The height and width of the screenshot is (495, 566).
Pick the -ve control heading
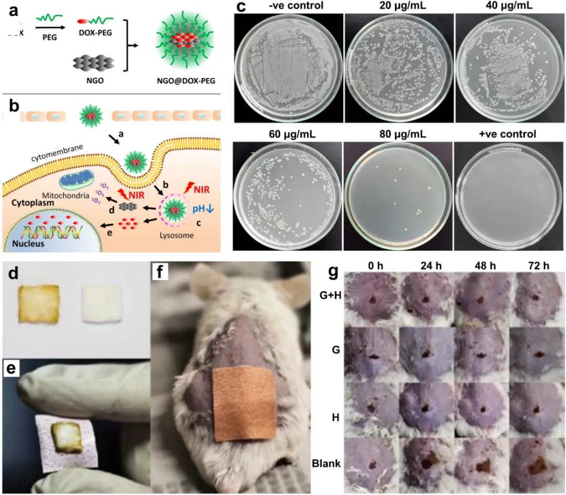(x=288, y=6)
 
